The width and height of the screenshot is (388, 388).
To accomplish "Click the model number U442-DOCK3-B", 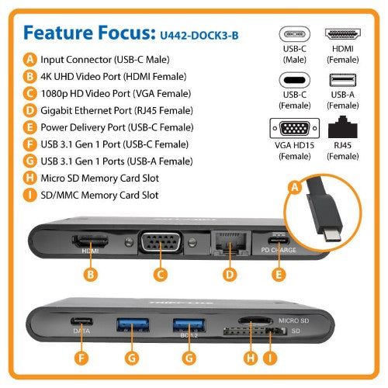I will [198, 35].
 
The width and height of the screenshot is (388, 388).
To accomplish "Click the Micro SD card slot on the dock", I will [252, 320].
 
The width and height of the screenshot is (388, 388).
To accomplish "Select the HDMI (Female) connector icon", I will [343, 35].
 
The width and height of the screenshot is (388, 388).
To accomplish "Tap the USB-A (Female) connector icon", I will [343, 81].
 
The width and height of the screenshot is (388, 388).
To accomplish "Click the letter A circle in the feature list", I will [29, 59].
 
